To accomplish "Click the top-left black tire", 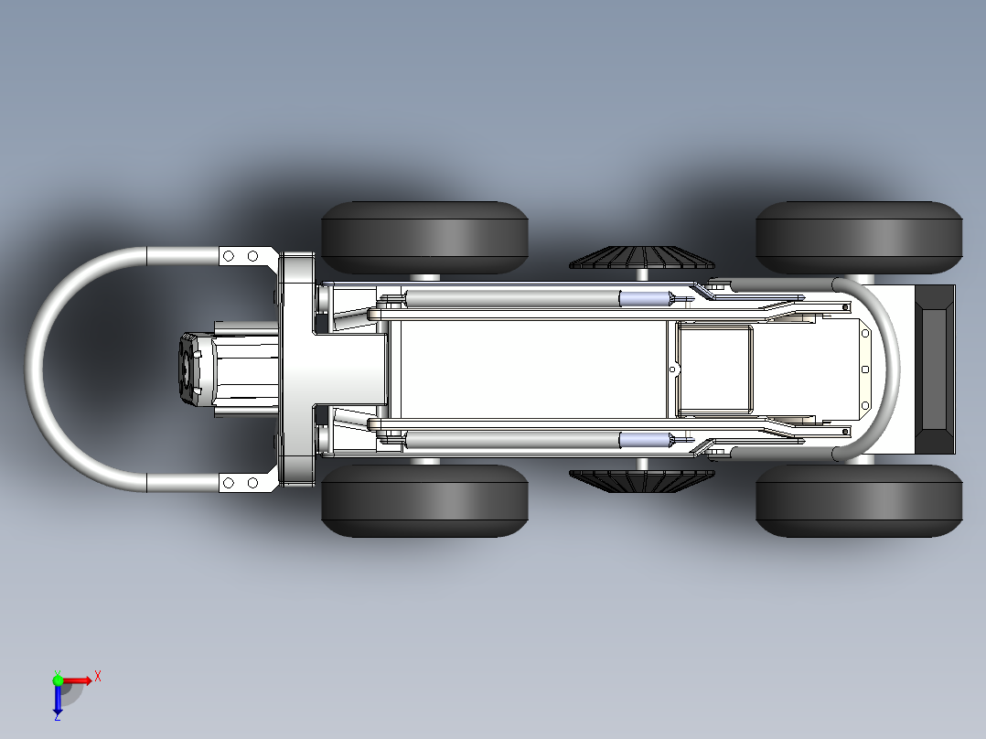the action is (424, 237).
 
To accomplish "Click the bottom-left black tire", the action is (424, 500).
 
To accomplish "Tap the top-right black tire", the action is (859, 237).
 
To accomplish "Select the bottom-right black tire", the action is (859, 500).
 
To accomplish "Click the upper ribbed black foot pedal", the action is (641, 257).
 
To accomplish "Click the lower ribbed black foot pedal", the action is (641, 481).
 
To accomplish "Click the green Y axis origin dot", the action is (58, 680).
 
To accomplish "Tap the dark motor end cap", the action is (188, 368).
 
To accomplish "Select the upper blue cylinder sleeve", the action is (645, 298).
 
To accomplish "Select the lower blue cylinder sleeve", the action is (645, 440).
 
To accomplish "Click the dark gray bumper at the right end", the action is (935, 369).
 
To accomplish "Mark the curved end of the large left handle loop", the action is (34, 369).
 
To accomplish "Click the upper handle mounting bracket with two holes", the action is (248, 256).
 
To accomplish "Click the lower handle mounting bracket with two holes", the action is (248, 482).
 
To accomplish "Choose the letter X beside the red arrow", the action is (98, 677).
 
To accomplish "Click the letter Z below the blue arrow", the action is (58, 716).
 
